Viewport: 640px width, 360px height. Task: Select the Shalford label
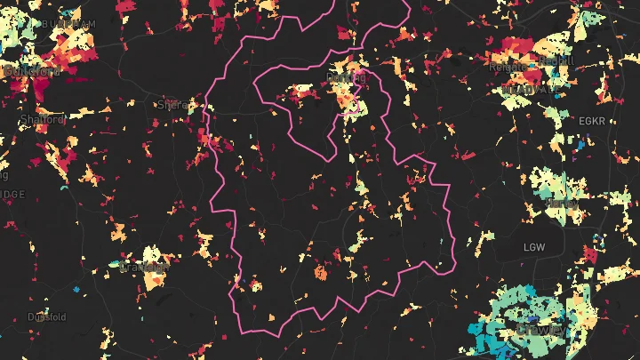click(x=43, y=119)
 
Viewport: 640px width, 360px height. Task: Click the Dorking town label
click(x=347, y=79)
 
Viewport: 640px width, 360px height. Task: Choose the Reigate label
click(x=507, y=66)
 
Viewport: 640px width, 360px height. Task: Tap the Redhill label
click(x=556, y=60)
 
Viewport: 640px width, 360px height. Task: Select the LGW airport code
click(x=534, y=246)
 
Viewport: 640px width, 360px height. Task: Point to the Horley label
click(x=561, y=204)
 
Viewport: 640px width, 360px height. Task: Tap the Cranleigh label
click(x=144, y=267)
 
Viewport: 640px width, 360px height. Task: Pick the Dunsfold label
click(x=46, y=316)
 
